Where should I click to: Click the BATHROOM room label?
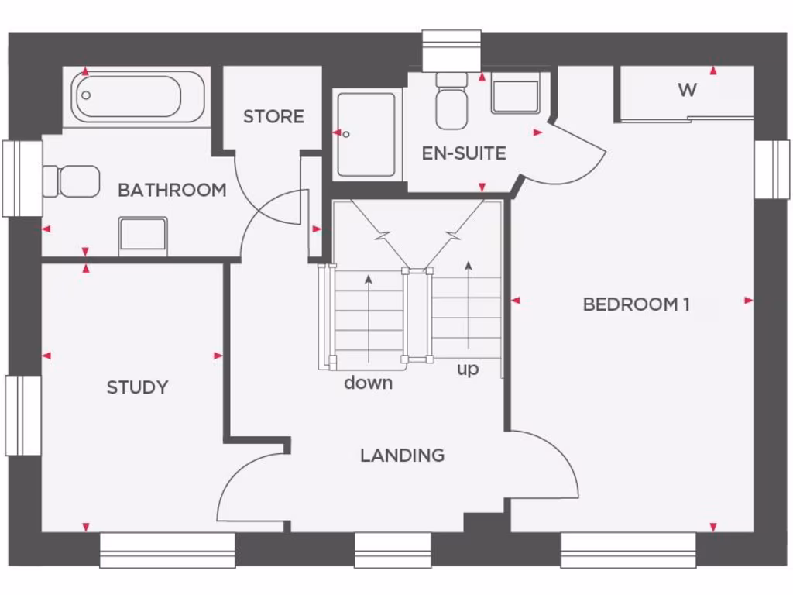172,190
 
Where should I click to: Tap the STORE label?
273,116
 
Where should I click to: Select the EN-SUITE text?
464,153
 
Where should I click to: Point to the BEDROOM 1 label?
636,304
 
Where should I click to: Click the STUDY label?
137,387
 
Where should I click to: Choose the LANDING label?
402,456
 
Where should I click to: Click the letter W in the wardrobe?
687,90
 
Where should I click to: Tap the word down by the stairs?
368,383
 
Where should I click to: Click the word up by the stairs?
468,370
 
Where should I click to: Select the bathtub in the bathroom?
139,97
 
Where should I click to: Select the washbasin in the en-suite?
515,96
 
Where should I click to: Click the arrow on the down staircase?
369,318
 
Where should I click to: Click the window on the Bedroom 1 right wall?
772,170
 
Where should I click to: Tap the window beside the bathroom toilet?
22,178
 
